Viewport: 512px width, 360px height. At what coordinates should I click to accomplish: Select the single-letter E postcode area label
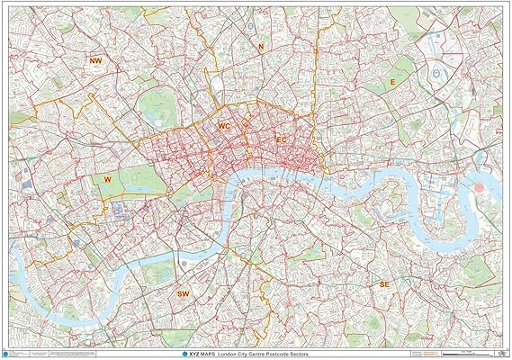tap(391, 82)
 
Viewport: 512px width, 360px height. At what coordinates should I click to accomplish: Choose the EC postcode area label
tap(281, 139)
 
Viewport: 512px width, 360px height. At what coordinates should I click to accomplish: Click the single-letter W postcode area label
tap(107, 179)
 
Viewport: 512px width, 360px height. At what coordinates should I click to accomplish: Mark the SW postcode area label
tap(184, 293)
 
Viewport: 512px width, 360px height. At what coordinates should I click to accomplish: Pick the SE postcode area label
tap(384, 283)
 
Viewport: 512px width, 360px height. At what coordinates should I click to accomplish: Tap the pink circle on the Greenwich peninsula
tap(478, 185)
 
